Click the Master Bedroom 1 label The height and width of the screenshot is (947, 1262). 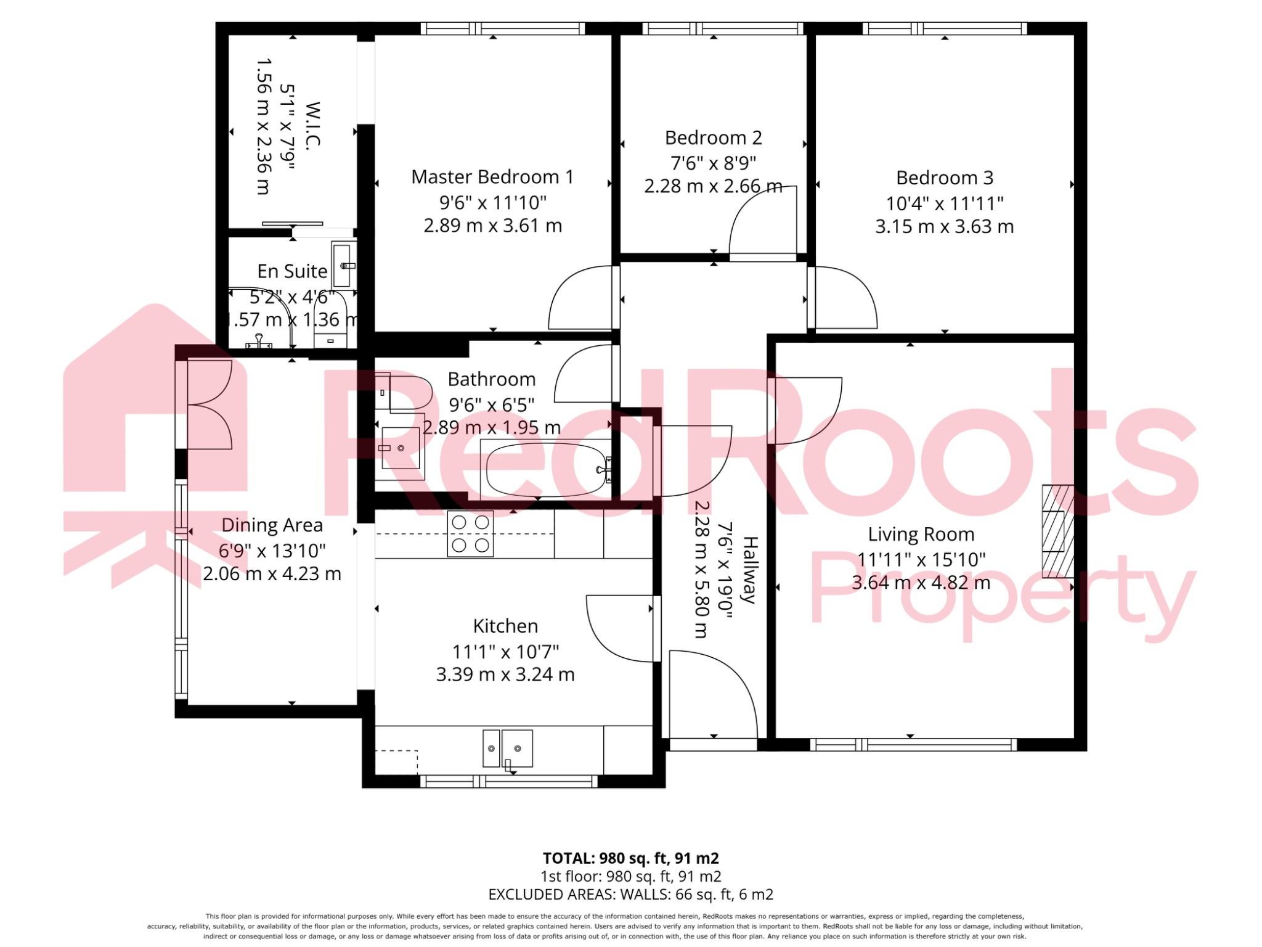click(x=492, y=177)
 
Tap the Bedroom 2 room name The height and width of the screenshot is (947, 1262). click(x=713, y=137)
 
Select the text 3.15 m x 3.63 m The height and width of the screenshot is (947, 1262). click(x=944, y=226)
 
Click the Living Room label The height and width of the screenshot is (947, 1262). click(x=921, y=534)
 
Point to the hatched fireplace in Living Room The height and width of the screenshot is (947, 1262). click(x=1057, y=531)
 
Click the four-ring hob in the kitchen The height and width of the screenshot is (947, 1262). click(x=470, y=534)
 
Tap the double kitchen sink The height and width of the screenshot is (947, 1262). click(x=507, y=748)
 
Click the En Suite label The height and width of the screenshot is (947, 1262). click(x=291, y=271)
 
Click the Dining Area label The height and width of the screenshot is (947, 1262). click(x=272, y=525)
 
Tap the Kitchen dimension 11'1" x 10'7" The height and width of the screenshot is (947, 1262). click(x=505, y=651)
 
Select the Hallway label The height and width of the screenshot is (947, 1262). click(x=749, y=570)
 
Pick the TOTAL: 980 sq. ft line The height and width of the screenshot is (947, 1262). click(x=630, y=858)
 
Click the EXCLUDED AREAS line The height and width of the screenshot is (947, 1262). click(x=630, y=894)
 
